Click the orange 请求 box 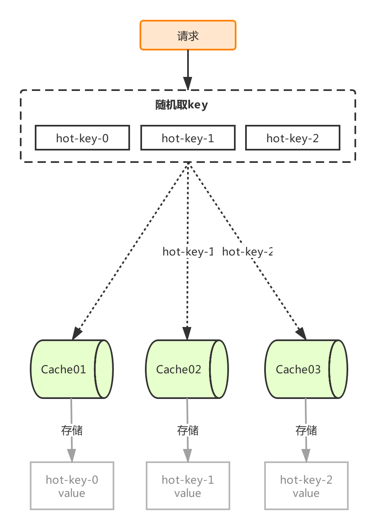tap(188, 35)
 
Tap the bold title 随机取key tap(181, 105)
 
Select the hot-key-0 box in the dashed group tap(82, 138)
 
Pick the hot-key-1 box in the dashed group tap(188, 138)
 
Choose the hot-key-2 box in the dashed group tap(293, 138)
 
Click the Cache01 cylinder tap(72, 369)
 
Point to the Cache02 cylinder tap(187, 369)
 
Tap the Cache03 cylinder tap(306, 369)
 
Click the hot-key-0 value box tap(72, 485)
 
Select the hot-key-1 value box tap(188, 485)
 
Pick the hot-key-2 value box tap(306, 485)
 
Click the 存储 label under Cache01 tap(72, 430)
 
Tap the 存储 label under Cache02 tap(188, 430)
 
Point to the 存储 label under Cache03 tap(306, 430)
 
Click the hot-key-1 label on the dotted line tap(188, 252)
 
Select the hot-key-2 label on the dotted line tap(247, 252)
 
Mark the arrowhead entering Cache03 tap(301, 334)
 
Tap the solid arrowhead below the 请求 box tap(188, 83)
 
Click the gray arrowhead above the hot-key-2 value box tap(306, 455)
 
